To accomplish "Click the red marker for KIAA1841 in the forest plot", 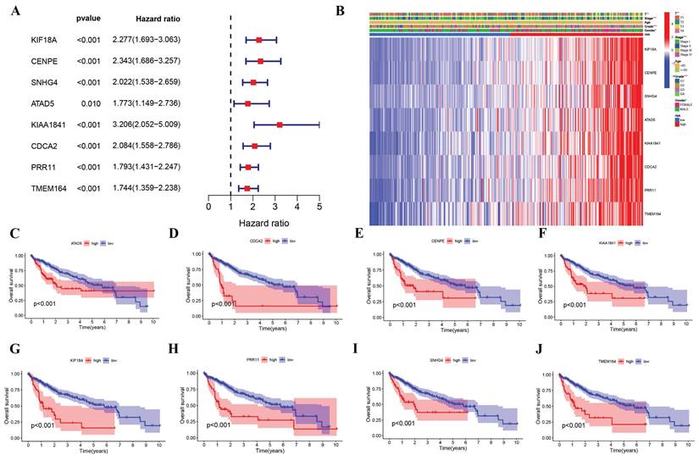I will [280, 125].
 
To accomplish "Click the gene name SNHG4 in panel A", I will [32, 81].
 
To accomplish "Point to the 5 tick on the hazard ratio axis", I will [319, 205].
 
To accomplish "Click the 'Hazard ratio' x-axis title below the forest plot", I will [263, 224].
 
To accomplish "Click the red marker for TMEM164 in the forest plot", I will [247, 187].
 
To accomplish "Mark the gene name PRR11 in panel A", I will [31, 166].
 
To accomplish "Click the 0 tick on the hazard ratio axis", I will [208, 205].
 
